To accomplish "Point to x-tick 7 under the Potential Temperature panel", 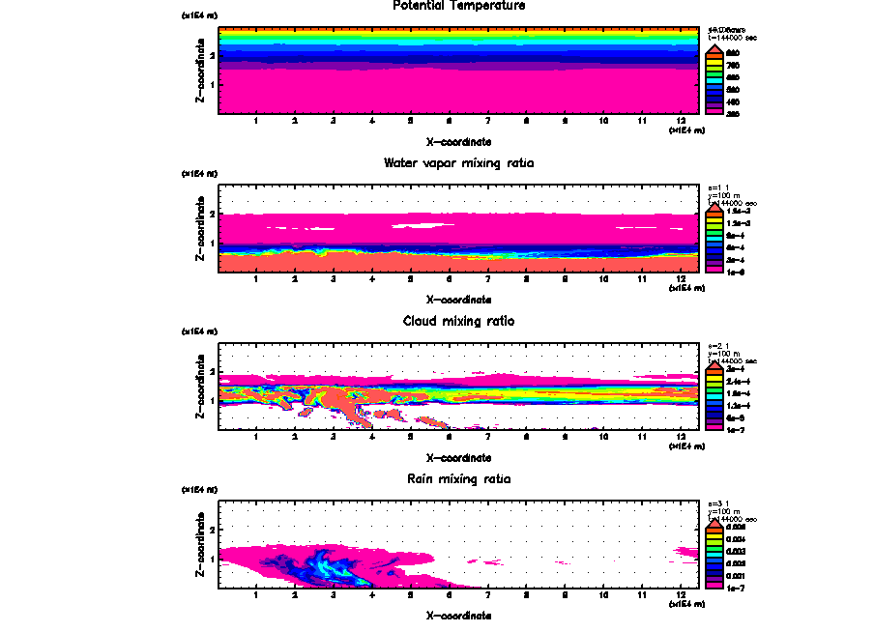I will [x=487, y=122].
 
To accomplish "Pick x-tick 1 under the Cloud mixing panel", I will [x=255, y=437].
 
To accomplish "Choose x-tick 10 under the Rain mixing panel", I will [x=603, y=594].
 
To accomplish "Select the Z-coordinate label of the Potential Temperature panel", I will [x=200, y=72].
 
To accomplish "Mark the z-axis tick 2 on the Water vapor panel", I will [x=211, y=214].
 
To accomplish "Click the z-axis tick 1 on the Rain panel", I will [x=211, y=559].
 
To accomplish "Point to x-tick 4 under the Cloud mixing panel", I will [x=371, y=437].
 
